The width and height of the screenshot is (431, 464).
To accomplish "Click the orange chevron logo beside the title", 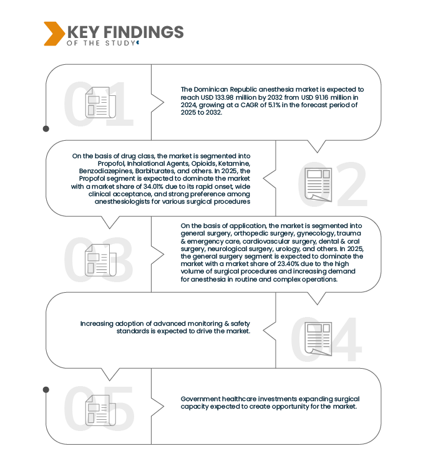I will (53, 33).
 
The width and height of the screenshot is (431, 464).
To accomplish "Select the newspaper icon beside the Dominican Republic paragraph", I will (100, 102).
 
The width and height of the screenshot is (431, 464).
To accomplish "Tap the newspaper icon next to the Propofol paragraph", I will (318, 184).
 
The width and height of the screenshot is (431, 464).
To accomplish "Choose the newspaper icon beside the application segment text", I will (100, 259).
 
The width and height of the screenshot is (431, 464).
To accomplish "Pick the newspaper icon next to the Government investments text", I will (100, 409).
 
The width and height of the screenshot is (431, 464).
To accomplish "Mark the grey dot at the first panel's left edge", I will (46, 129).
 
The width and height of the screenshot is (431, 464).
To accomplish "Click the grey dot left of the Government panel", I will (46, 389).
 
